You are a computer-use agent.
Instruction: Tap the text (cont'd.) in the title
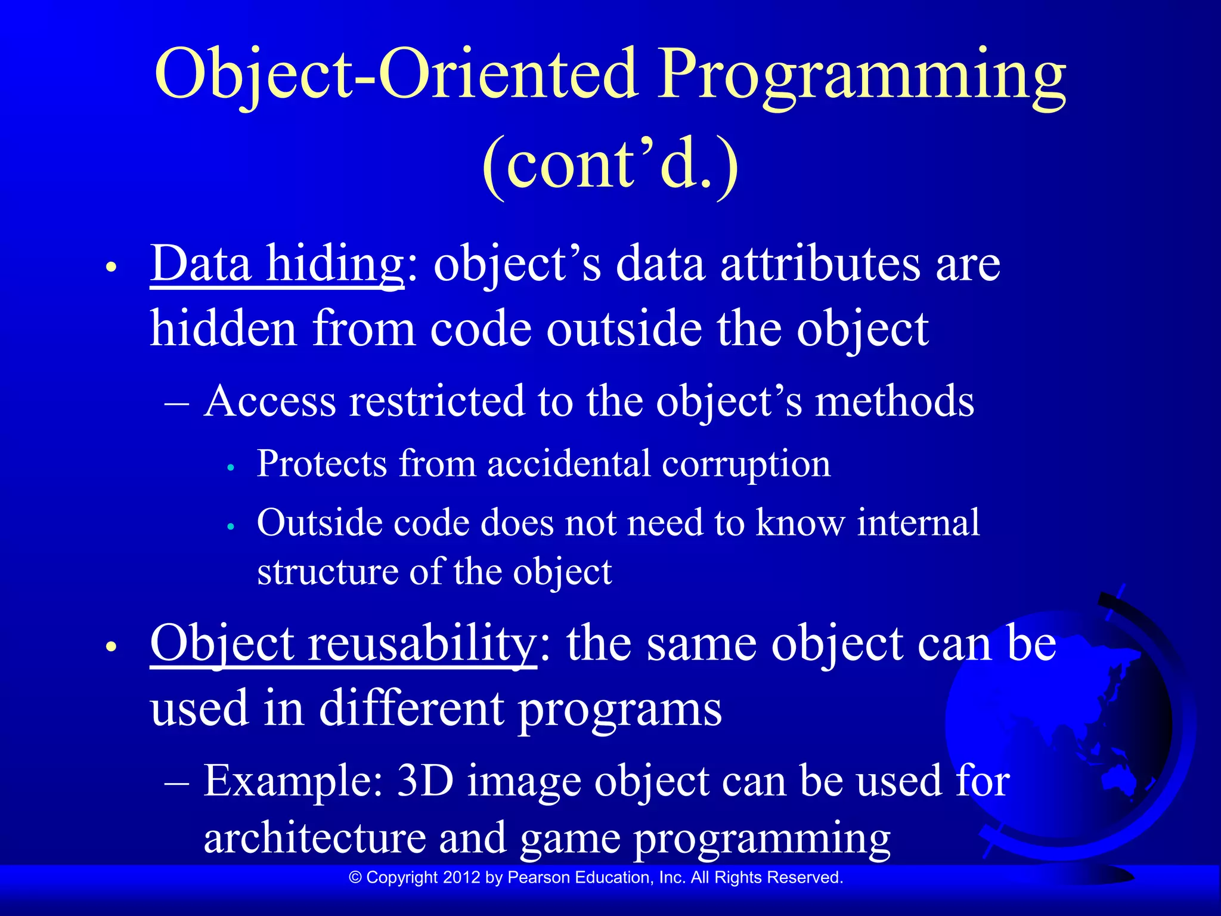click(610, 164)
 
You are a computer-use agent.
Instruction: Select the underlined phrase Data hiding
click(277, 264)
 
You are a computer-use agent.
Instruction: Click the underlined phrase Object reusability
click(343, 644)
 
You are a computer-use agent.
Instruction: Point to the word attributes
click(820, 264)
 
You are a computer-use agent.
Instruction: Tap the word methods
click(894, 401)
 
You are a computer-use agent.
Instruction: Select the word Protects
click(322, 464)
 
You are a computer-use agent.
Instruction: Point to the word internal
click(918, 523)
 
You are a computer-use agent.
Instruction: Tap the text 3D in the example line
click(425, 781)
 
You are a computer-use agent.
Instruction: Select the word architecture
click(315, 838)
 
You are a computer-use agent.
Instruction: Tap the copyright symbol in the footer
click(356, 877)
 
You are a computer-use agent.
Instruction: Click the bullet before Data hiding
click(110, 268)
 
